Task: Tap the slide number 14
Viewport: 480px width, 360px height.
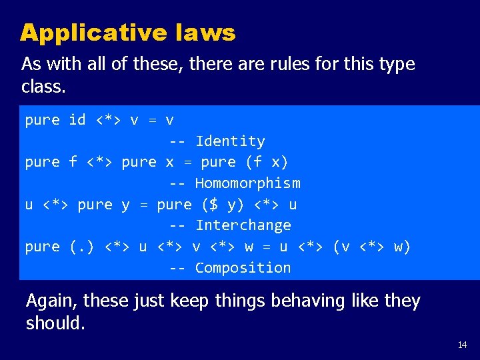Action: pyautogui.click(x=463, y=345)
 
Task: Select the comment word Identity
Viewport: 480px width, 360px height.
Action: pyautogui.click(x=230, y=141)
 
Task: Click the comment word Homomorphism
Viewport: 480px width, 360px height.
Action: pyautogui.click(x=247, y=183)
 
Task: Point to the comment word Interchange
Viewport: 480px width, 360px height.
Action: pyautogui.click(x=243, y=225)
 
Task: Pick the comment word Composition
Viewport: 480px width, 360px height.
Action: pyautogui.click(x=243, y=268)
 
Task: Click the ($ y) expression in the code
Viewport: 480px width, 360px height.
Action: pyautogui.click(x=217, y=205)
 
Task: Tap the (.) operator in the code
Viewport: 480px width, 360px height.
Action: pyautogui.click(x=82, y=247)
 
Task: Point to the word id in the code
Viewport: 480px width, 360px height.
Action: pyautogui.click(x=77, y=120)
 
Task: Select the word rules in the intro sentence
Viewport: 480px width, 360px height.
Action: pyautogui.click(x=292, y=65)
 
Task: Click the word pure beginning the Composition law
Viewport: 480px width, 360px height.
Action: pyautogui.click(x=42, y=247)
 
